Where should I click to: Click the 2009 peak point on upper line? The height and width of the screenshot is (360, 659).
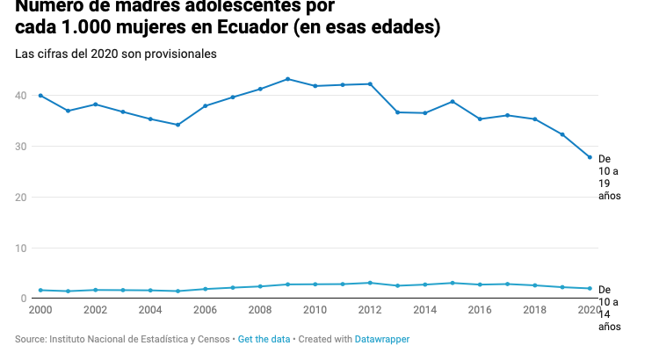[x=287, y=79]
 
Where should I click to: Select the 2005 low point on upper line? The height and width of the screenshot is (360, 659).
[x=177, y=125]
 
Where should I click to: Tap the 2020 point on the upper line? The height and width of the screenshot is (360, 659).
[x=590, y=157]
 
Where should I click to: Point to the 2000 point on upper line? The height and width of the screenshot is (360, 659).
[x=40, y=95]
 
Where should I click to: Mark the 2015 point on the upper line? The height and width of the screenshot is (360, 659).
[x=453, y=102]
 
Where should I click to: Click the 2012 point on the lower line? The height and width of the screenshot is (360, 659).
[x=370, y=283]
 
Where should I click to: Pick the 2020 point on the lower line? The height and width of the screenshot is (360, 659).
[x=590, y=288]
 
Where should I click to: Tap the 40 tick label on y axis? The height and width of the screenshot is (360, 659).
[x=20, y=96]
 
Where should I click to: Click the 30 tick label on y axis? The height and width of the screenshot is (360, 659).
[x=20, y=147]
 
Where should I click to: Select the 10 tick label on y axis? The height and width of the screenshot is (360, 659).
[x=20, y=248]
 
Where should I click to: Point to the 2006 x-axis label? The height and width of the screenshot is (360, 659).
[x=205, y=310]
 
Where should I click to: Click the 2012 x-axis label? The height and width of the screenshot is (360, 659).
[x=370, y=310]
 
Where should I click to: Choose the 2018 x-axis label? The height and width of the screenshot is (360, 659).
[x=534, y=310]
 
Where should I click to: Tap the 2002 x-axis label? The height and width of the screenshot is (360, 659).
[x=95, y=310]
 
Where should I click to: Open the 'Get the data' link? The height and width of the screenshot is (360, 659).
[x=264, y=339]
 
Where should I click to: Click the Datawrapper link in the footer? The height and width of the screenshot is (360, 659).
[x=382, y=339]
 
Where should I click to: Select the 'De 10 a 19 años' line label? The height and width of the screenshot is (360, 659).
[x=609, y=176]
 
